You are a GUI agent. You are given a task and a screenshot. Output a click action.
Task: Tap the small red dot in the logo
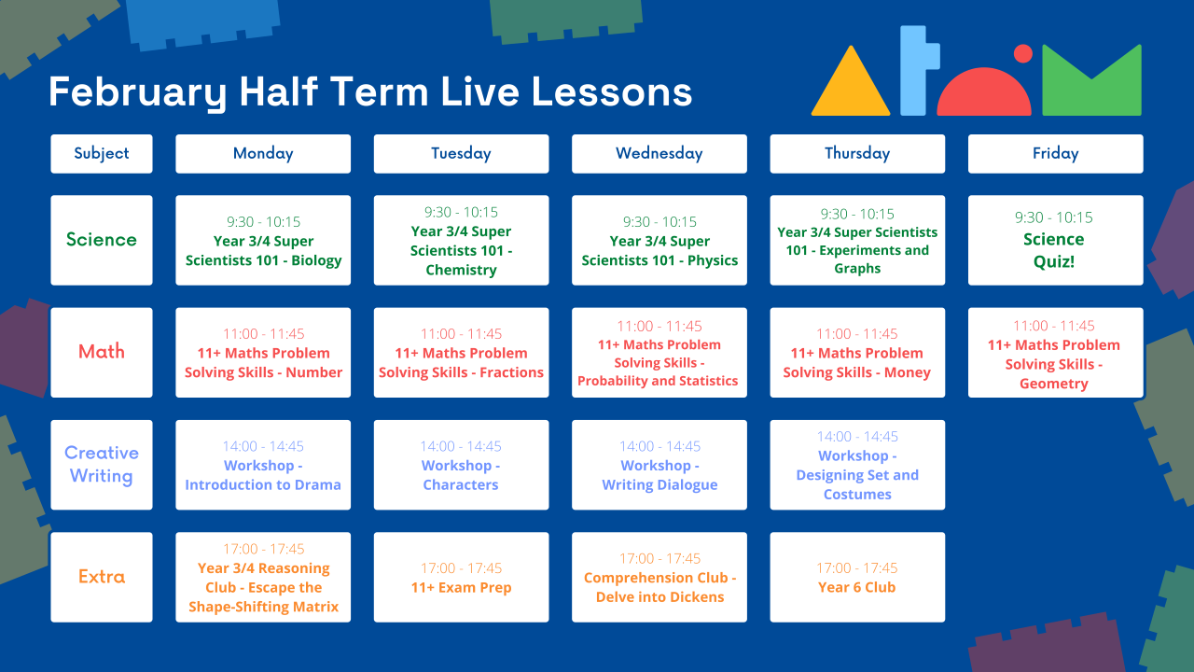(x=1022, y=53)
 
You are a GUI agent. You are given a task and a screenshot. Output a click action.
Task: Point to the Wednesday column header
(x=659, y=154)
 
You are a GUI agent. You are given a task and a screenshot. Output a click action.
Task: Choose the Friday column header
(x=1055, y=154)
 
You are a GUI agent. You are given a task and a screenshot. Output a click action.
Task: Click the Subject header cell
(x=102, y=154)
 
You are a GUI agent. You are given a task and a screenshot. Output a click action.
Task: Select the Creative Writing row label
(x=102, y=465)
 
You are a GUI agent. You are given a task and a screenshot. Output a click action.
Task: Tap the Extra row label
(x=102, y=577)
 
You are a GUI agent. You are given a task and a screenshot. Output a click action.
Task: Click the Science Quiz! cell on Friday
(x=1055, y=240)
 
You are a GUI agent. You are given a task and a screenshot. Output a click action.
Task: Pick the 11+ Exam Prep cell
(x=461, y=578)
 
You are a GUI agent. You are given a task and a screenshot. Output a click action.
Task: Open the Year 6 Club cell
(x=856, y=578)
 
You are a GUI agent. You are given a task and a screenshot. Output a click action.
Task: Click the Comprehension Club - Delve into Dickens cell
(x=659, y=578)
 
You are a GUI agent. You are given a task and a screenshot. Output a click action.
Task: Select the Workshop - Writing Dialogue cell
(x=659, y=465)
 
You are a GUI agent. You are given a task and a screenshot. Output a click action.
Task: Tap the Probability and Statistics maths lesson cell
(x=659, y=353)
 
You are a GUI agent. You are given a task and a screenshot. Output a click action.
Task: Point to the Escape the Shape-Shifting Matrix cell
(x=263, y=578)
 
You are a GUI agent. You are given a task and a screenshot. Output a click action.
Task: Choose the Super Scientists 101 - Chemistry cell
(x=461, y=241)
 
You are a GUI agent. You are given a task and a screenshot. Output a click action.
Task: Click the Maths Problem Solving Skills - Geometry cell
(x=1055, y=353)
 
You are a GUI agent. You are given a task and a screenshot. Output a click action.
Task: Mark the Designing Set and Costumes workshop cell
(x=856, y=465)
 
